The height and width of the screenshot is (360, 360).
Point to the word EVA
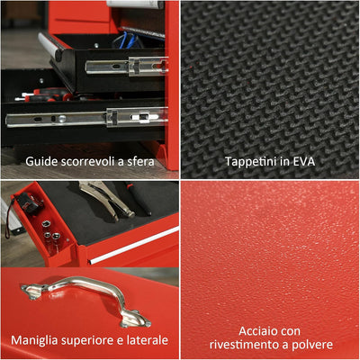point(309,161)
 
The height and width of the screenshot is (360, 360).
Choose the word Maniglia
point(39,340)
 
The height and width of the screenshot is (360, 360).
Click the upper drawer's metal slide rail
point(126,67)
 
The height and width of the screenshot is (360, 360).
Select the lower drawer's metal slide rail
point(90,118)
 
